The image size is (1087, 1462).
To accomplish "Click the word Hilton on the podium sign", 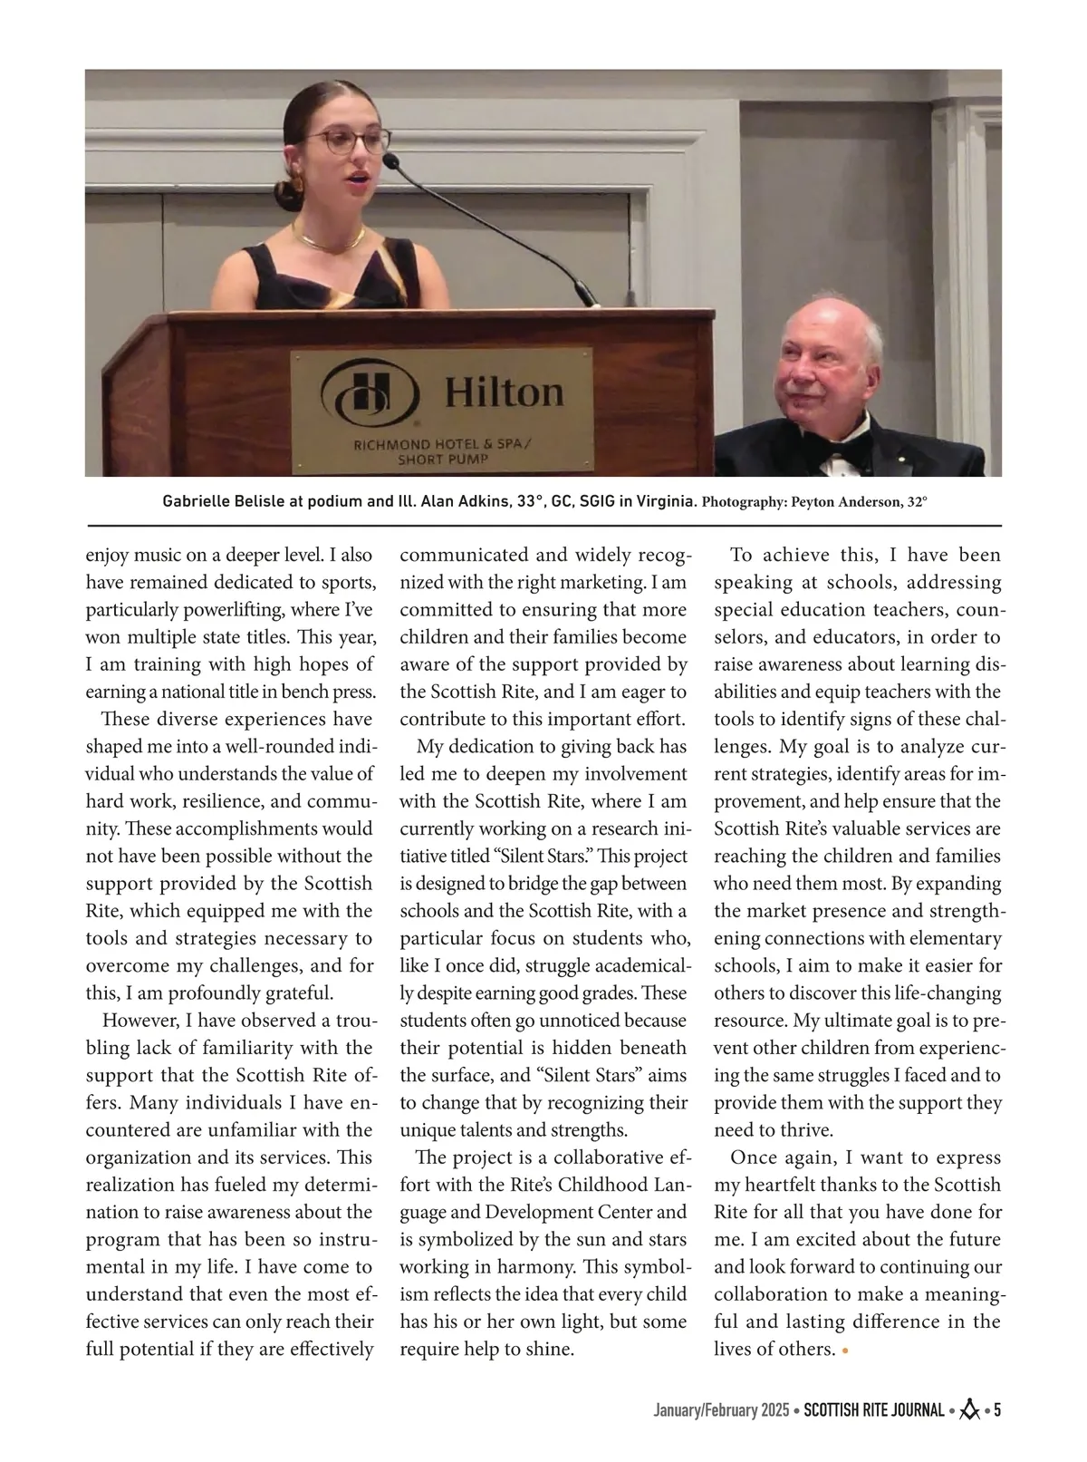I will pos(504,392).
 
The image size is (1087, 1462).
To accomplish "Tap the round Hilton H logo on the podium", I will pos(370,390).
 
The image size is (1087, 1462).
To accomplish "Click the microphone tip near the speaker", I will pos(390,161).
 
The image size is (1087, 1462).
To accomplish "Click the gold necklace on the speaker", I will pos(328,239).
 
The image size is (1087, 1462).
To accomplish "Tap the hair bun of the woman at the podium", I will pos(291,193).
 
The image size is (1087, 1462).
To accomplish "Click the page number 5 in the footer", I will pos(996,1410).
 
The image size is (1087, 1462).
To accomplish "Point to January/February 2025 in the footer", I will pos(721,1411).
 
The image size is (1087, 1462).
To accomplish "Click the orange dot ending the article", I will pos(845,1351).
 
